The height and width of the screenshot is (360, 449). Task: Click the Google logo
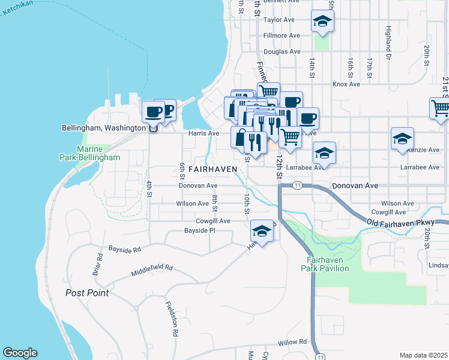(x=20, y=353)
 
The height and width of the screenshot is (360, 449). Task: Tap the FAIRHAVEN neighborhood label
(x=206, y=170)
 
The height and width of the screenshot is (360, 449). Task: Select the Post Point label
(x=87, y=293)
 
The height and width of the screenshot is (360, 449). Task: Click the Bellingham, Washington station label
(x=104, y=128)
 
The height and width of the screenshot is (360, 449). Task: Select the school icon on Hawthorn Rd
(x=262, y=230)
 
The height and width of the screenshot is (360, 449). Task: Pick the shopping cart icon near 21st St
(x=440, y=108)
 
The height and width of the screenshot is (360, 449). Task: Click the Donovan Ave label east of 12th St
(x=355, y=186)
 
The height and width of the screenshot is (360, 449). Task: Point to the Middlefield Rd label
(x=152, y=271)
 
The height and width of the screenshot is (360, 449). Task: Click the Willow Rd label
(x=292, y=343)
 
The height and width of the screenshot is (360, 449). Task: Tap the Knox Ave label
(x=346, y=85)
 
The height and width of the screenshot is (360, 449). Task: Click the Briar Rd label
(x=97, y=265)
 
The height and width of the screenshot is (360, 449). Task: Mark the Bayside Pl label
(x=199, y=230)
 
